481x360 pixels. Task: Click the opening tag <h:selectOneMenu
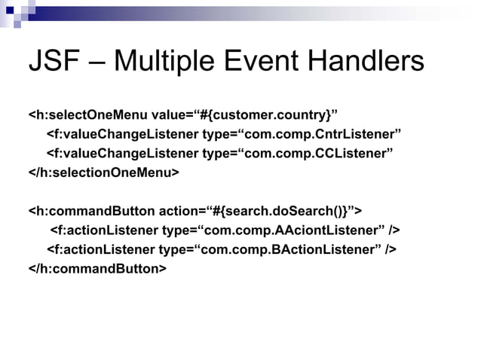click(x=88, y=115)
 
